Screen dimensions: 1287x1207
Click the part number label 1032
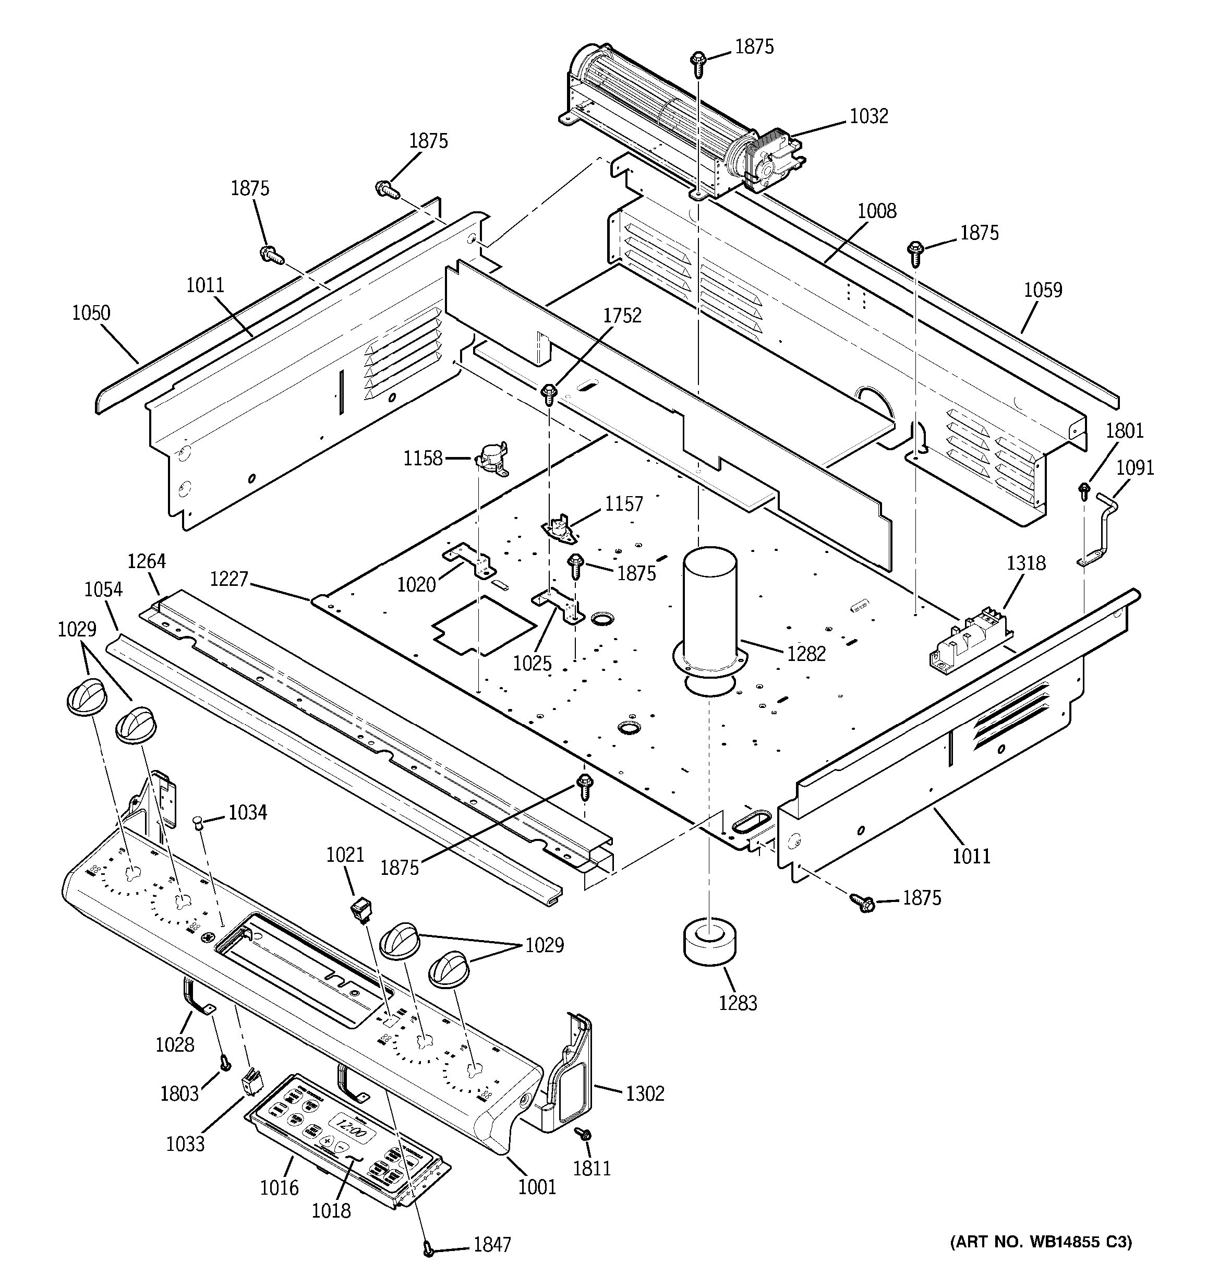(868, 116)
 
